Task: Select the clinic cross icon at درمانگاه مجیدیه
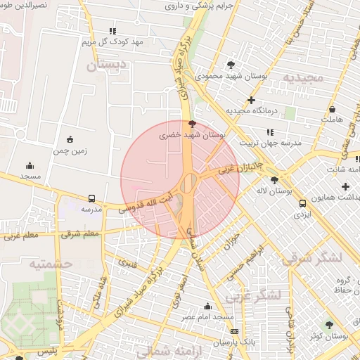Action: (252, 100)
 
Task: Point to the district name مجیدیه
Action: (304, 77)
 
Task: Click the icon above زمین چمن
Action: (69, 139)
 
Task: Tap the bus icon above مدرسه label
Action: (92, 199)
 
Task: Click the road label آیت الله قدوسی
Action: (143, 201)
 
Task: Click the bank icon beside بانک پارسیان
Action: (234, 331)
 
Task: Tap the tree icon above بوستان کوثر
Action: (329, 325)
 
